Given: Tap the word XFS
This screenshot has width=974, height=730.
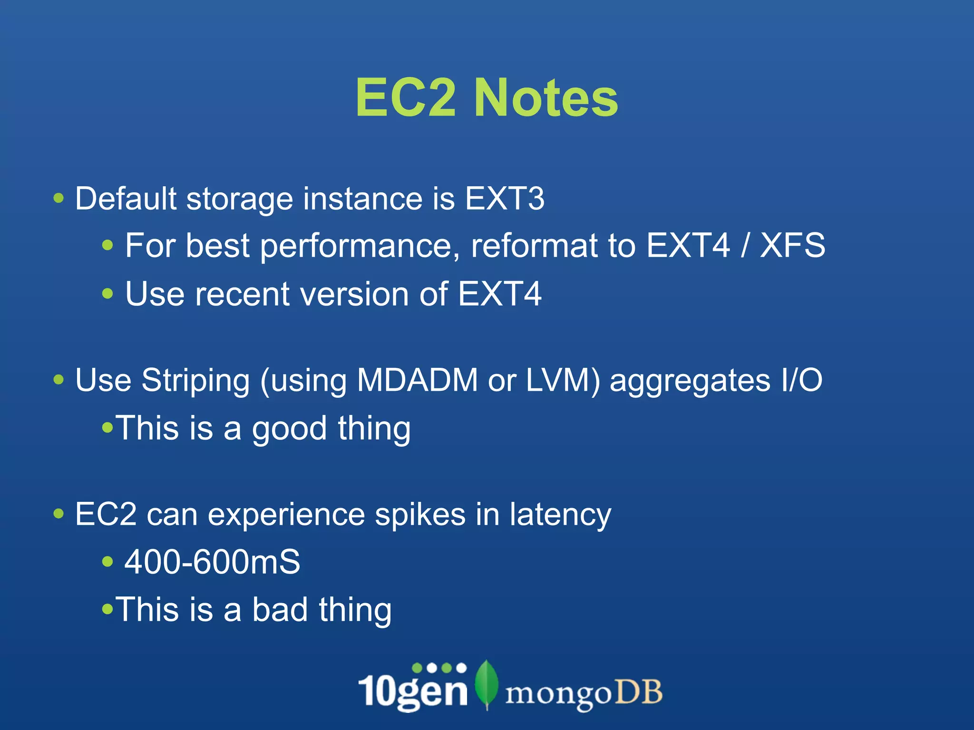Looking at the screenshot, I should pos(792,246).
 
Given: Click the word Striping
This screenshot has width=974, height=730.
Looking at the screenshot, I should pos(195,381).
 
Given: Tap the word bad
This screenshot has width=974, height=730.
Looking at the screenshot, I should pos(280,610).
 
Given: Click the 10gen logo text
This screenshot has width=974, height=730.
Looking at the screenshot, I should pos(413,690).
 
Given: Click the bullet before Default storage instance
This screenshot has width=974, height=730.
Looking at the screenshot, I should pos(58,198).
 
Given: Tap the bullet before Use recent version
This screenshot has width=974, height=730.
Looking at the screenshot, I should pos(108,293).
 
